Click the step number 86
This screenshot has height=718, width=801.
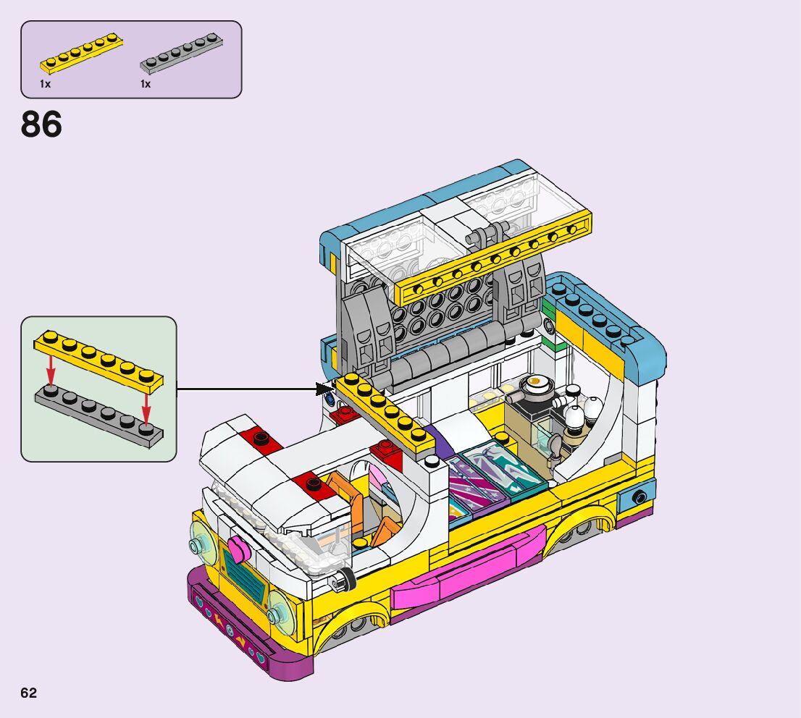pyautogui.click(x=41, y=124)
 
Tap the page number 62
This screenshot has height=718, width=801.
pyautogui.click(x=29, y=693)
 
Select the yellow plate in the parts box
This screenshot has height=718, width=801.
pyautogui.click(x=82, y=53)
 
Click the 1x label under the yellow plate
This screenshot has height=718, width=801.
pyautogui.click(x=46, y=84)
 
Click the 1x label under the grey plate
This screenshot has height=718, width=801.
pyautogui.click(x=146, y=84)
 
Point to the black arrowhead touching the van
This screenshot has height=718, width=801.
pyautogui.click(x=324, y=389)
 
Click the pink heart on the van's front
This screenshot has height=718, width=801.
pyautogui.click(x=237, y=548)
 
